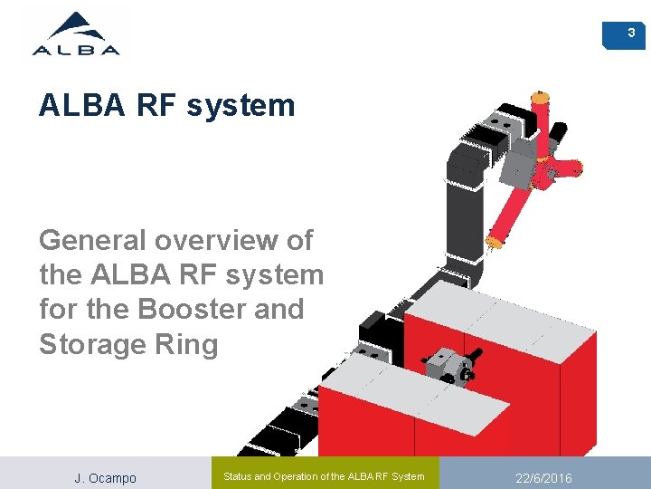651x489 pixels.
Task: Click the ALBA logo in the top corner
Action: pyautogui.click(x=76, y=35)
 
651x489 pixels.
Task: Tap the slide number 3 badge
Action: pyautogui.click(x=631, y=34)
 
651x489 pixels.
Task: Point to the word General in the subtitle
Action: pyautogui.click(x=93, y=241)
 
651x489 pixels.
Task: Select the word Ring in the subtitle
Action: pyautogui.click(x=188, y=344)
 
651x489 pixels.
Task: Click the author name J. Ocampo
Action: pyautogui.click(x=105, y=477)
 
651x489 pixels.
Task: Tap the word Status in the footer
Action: pyautogui.click(x=241, y=476)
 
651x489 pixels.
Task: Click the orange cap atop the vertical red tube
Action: pyautogui.click(x=540, y=95)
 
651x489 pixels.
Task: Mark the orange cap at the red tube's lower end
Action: pyautogui.click(x=495, y=241)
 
